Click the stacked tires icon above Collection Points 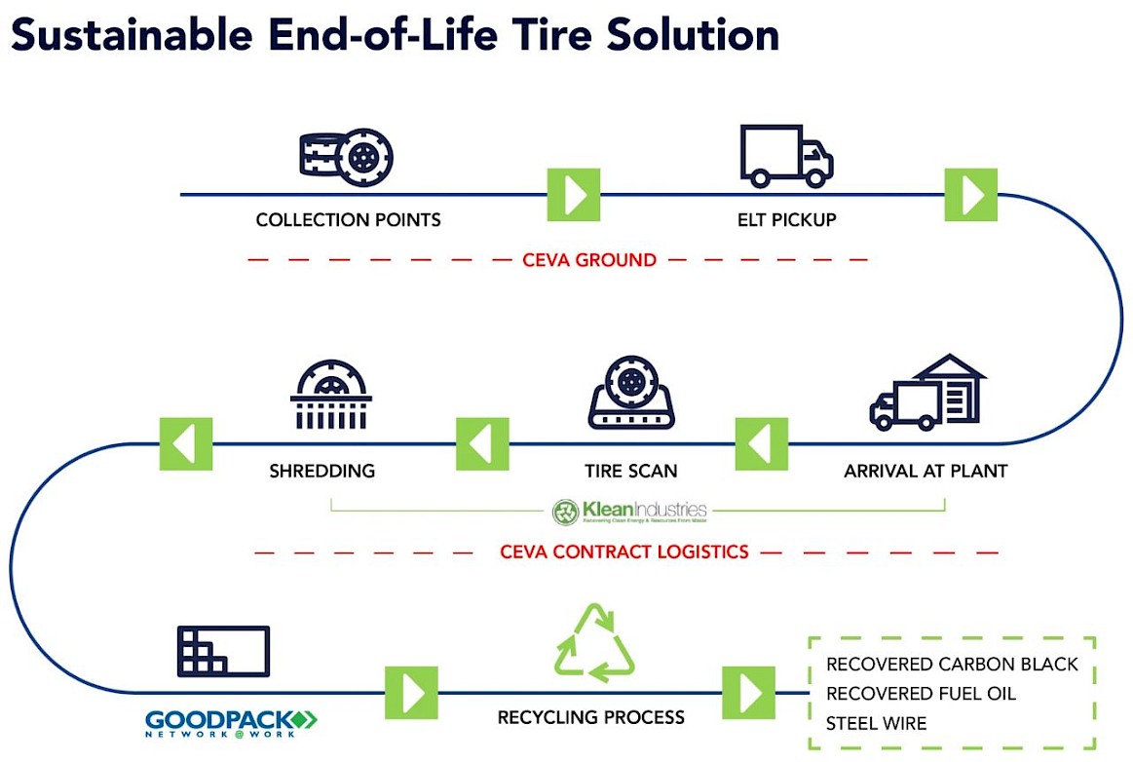click(346, 157)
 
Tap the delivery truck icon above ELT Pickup click(785, 156)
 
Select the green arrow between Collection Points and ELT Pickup click(573, 194)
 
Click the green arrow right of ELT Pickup click(971, 194)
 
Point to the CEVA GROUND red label click(588, 260)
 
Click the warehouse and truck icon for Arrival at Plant click(925, 392)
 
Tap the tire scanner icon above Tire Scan click(631, 394)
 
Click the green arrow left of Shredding click(185, 443)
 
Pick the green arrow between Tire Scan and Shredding click(482, 443)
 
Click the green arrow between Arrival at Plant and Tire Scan click(761, 443)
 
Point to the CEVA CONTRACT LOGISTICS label click(624, 552)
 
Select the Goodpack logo click(231, 722)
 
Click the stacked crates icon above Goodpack click(223, 651)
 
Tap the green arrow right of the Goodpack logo click(411, 693)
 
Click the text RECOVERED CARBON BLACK click(952, 665)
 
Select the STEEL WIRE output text click(876, 723)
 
